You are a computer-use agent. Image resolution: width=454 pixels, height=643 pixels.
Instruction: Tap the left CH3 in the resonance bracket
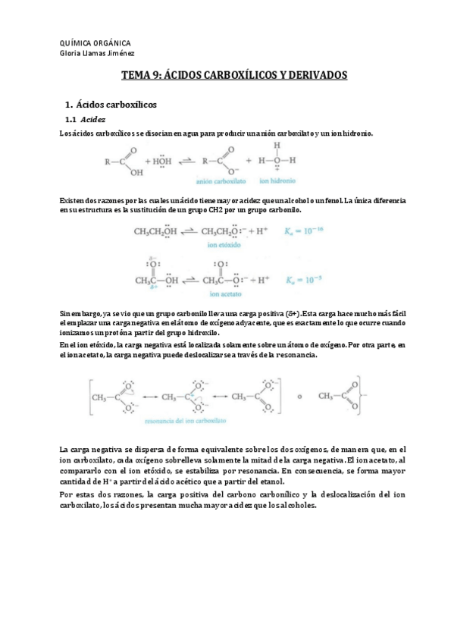(x=102, y=396)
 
